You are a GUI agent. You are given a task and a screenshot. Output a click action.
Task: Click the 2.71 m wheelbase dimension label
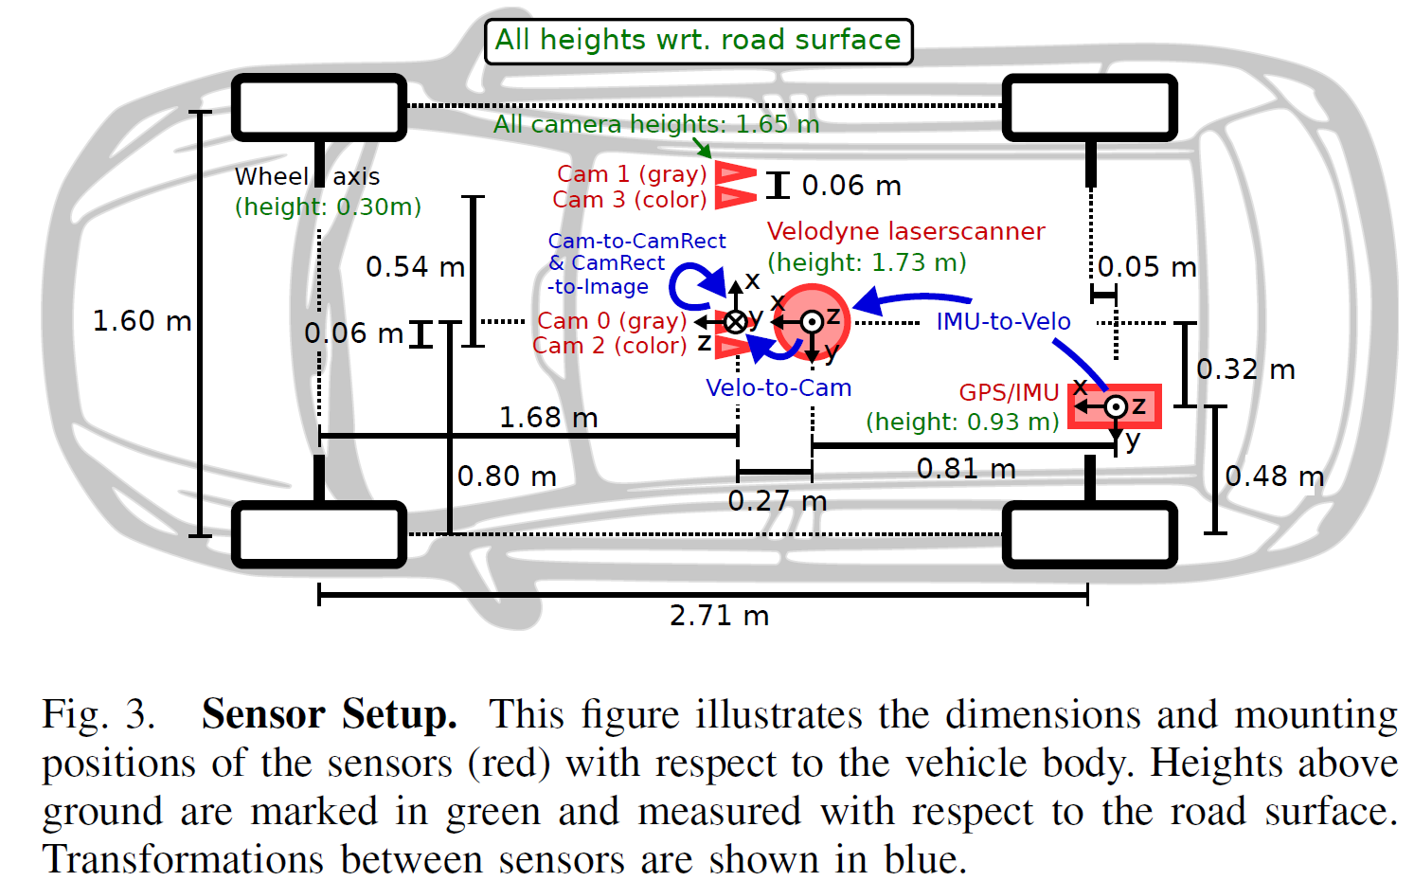(x=719, y=616)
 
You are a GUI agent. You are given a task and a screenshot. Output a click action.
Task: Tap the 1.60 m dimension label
(x=141, y=321)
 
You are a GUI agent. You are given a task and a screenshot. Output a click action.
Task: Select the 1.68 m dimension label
(x=547, y=417)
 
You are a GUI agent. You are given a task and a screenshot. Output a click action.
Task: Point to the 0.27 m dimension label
(x=777, y=500)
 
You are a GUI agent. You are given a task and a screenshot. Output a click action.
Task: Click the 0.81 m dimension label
(x=965, y=468)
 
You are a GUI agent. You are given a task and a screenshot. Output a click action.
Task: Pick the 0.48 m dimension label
(x=1274, y=476)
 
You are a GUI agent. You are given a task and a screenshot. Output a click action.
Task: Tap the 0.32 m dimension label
(x=1245, y=369)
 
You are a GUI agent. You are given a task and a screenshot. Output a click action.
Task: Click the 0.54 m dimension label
(x=415, y=266)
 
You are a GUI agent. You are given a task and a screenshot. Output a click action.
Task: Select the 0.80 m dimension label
(x=507, y=476)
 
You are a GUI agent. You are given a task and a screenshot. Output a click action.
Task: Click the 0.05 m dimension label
(x=1147, y=266)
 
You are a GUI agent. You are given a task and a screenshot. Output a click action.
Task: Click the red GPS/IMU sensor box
(x=1115, y=406)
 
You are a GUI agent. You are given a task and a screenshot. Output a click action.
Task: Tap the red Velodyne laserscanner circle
(x=812, y=322)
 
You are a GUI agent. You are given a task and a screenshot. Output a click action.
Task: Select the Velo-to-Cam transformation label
(x=779, y=387)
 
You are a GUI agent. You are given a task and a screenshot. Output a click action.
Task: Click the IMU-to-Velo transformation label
(x=1003, y=321)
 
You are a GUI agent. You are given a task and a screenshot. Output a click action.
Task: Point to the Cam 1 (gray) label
(x=632, y=174)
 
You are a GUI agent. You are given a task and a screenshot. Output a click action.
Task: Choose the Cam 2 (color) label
(x=609, y=346)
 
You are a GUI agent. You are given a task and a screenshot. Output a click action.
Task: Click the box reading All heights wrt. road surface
(x=698, y=41)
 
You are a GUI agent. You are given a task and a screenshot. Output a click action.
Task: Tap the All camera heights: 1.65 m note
(x=655, y=124)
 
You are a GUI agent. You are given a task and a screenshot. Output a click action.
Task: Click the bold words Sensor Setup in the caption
(x=329, y=714)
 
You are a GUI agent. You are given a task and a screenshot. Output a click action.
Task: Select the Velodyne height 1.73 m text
(x=867, y=262)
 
